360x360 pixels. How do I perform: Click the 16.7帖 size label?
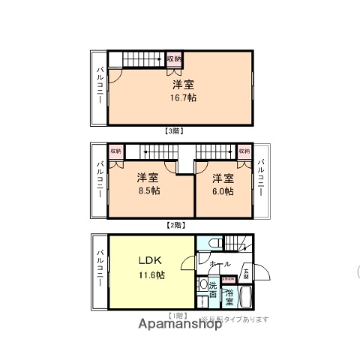point(181,97)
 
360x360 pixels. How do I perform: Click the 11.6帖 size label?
point(151,274)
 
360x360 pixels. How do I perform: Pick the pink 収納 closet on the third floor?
point(174,59)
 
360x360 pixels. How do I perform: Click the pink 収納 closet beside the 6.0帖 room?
point(244,151)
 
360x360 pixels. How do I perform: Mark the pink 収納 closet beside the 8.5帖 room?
point(115,151)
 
